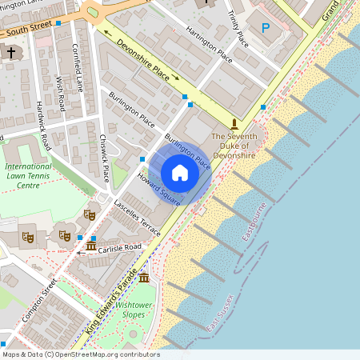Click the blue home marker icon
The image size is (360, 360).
tap(180, 172)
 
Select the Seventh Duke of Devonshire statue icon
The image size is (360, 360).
tap(234, 123)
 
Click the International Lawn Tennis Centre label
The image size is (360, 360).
tap(28, 174)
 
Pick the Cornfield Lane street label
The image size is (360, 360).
tap(79, 68)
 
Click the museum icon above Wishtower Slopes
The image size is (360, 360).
tap(144, 278)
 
